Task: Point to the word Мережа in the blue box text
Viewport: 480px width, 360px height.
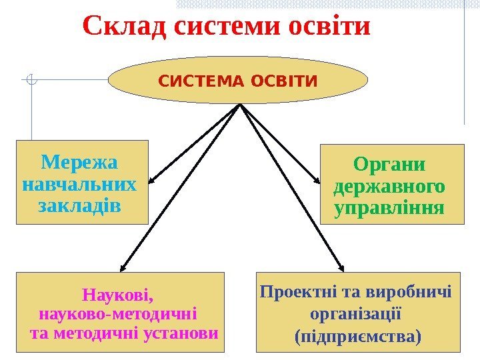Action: pos(79,162)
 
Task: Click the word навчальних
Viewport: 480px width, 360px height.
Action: pos(79,183)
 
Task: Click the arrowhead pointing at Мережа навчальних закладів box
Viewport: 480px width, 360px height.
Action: pos(152,181)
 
